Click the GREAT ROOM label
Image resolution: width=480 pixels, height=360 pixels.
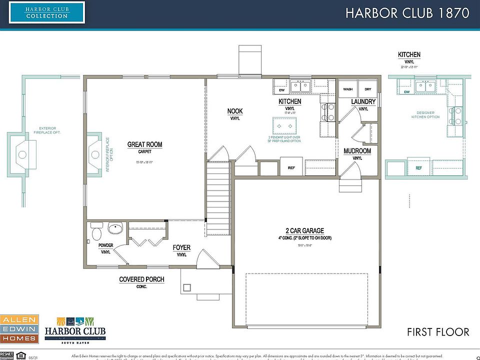click(x=144, y=144)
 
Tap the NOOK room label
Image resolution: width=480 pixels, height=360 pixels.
click(x=235, y=111)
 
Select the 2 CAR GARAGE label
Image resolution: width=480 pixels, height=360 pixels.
click(x=304, y=230)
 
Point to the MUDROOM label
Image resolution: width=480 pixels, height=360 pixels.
click(x=357, y=150)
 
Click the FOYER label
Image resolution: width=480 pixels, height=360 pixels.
click(x=181, y=247)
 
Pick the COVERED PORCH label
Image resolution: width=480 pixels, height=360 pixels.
click(x=141, y=279)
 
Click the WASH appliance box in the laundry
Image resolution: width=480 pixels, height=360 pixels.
click(x=347, y=89)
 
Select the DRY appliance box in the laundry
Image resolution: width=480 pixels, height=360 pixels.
click(x=368, y=89)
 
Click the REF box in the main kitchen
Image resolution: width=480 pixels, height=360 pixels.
click(x=291, y=167)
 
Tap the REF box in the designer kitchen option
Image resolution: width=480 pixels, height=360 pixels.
click(x=419, y=168)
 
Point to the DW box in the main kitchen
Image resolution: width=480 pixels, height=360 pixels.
click(x=281, y=90)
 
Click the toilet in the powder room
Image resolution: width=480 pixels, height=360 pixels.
click(x=96, y=232)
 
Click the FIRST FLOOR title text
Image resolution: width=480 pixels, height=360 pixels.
click(x=438, y=332)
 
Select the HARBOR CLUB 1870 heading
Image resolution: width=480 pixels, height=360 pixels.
click(x=407, y=13)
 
